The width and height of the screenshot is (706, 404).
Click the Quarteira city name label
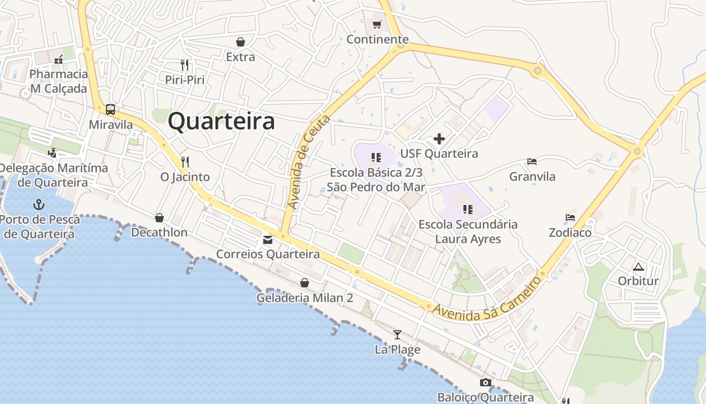221,122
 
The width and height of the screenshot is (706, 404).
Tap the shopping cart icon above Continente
377,24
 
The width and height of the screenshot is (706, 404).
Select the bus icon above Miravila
110,109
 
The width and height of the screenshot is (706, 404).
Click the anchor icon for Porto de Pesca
39,205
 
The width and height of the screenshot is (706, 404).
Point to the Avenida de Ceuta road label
308,162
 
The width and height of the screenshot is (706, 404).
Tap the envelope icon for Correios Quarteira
267,239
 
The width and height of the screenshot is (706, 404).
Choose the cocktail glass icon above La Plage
397,334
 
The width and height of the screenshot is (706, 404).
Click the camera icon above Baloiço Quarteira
486,382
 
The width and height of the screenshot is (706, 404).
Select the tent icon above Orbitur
638,267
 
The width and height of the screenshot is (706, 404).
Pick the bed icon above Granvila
532,162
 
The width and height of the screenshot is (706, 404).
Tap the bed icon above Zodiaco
570,218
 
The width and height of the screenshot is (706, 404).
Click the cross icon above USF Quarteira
439,138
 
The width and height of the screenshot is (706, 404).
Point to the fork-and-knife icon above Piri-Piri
185,65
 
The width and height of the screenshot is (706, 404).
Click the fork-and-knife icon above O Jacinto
185,162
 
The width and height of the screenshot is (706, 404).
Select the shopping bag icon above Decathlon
159,218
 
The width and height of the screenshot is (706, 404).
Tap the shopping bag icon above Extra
241,42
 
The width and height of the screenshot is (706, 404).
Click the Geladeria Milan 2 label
305,298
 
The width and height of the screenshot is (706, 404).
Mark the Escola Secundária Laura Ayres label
468,231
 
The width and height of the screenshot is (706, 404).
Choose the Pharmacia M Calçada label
58,81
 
